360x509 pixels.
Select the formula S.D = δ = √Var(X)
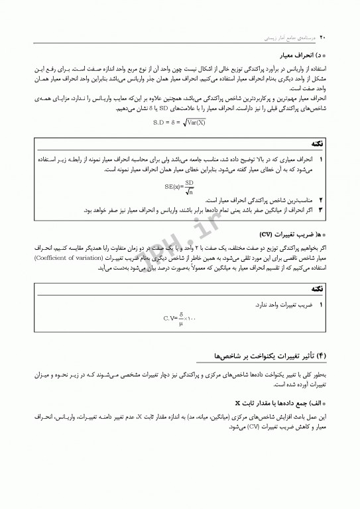point(180,121)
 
